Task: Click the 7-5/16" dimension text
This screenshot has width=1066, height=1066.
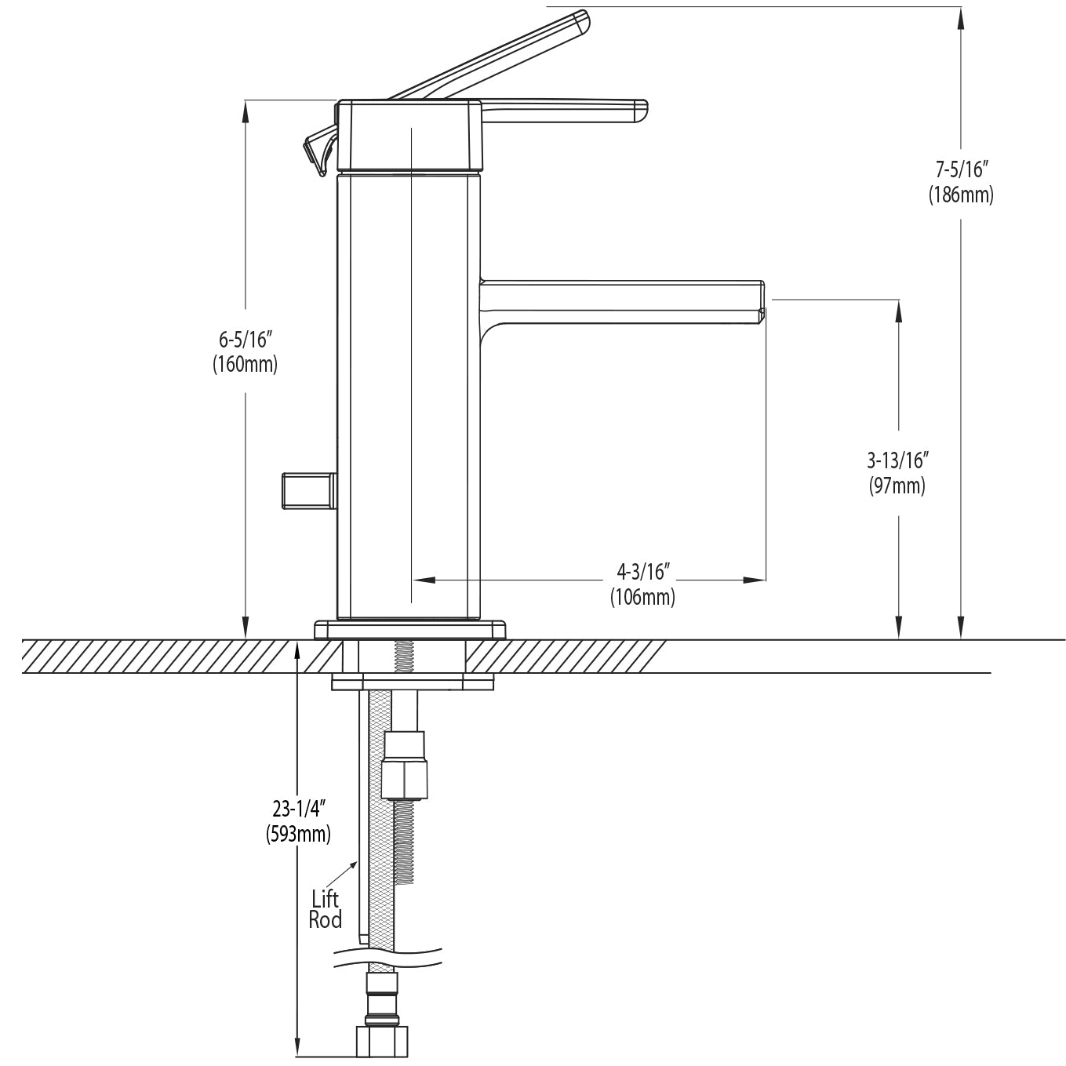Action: click(x=961, y=169)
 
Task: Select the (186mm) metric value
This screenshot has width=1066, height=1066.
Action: click(x=961, y=195)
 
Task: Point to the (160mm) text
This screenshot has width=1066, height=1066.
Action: click(x=245, y=365)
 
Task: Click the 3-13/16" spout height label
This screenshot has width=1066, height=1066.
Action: click(x=897, y=459)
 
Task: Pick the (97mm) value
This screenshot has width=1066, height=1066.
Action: click(x=897, y=486)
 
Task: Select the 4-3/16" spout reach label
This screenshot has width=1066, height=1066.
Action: click(x=642, y=569)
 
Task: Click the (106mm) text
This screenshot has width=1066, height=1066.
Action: click(x=642, y=597)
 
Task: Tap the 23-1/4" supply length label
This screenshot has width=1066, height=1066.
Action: click(x=297, y=808)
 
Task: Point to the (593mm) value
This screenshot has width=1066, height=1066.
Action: click(x=297, y=834)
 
